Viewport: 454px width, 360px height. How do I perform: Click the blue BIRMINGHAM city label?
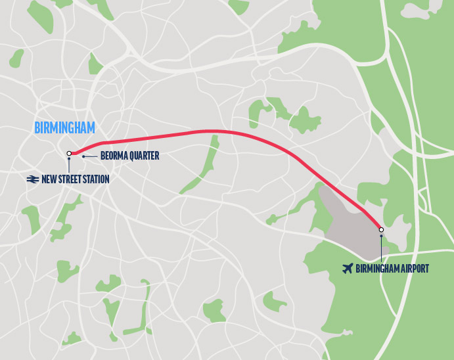[x=64, y=127]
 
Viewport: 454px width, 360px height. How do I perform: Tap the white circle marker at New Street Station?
[x=69, y=154]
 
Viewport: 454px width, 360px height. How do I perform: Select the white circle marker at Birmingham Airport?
[x=381, y=229]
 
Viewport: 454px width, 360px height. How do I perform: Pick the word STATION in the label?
[x=95, y=179]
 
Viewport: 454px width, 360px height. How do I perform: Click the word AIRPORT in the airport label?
[x=413, y=268]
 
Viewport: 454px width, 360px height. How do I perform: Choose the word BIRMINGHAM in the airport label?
[x=376, y=268]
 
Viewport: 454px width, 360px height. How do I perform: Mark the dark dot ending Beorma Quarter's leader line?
[x=83, y=156]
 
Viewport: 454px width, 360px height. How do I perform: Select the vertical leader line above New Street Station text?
[x=69, y=166]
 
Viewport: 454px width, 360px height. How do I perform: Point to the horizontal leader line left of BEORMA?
[x=91, y=156]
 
